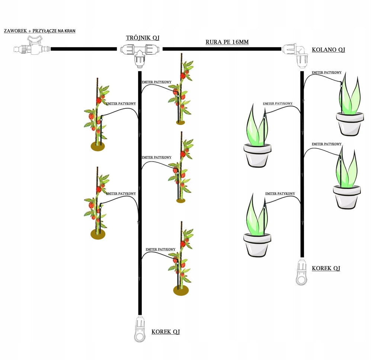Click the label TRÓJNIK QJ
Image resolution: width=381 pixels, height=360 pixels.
point(140,38)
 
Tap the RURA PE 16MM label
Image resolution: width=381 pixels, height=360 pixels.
point(227,42)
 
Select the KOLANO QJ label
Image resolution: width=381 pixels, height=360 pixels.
point(329,50)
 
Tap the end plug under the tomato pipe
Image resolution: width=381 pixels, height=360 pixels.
point(140,329)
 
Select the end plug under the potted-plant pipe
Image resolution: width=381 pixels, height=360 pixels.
point(301,273)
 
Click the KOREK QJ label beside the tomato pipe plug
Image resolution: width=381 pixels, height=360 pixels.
point(166,332)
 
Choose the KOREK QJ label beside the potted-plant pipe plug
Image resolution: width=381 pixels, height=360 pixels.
point(326,268)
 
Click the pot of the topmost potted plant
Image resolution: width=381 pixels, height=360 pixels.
point(350,124)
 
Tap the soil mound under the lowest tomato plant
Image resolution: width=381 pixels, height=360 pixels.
point(181,290)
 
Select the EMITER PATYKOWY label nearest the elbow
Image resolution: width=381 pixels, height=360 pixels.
point(327,73)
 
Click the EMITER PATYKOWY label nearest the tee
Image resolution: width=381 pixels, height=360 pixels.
point(157,82)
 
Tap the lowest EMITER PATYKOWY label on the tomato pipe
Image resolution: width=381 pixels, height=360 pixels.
point(160,249)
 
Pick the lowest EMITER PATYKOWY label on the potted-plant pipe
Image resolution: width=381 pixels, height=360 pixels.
point(280,194)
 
